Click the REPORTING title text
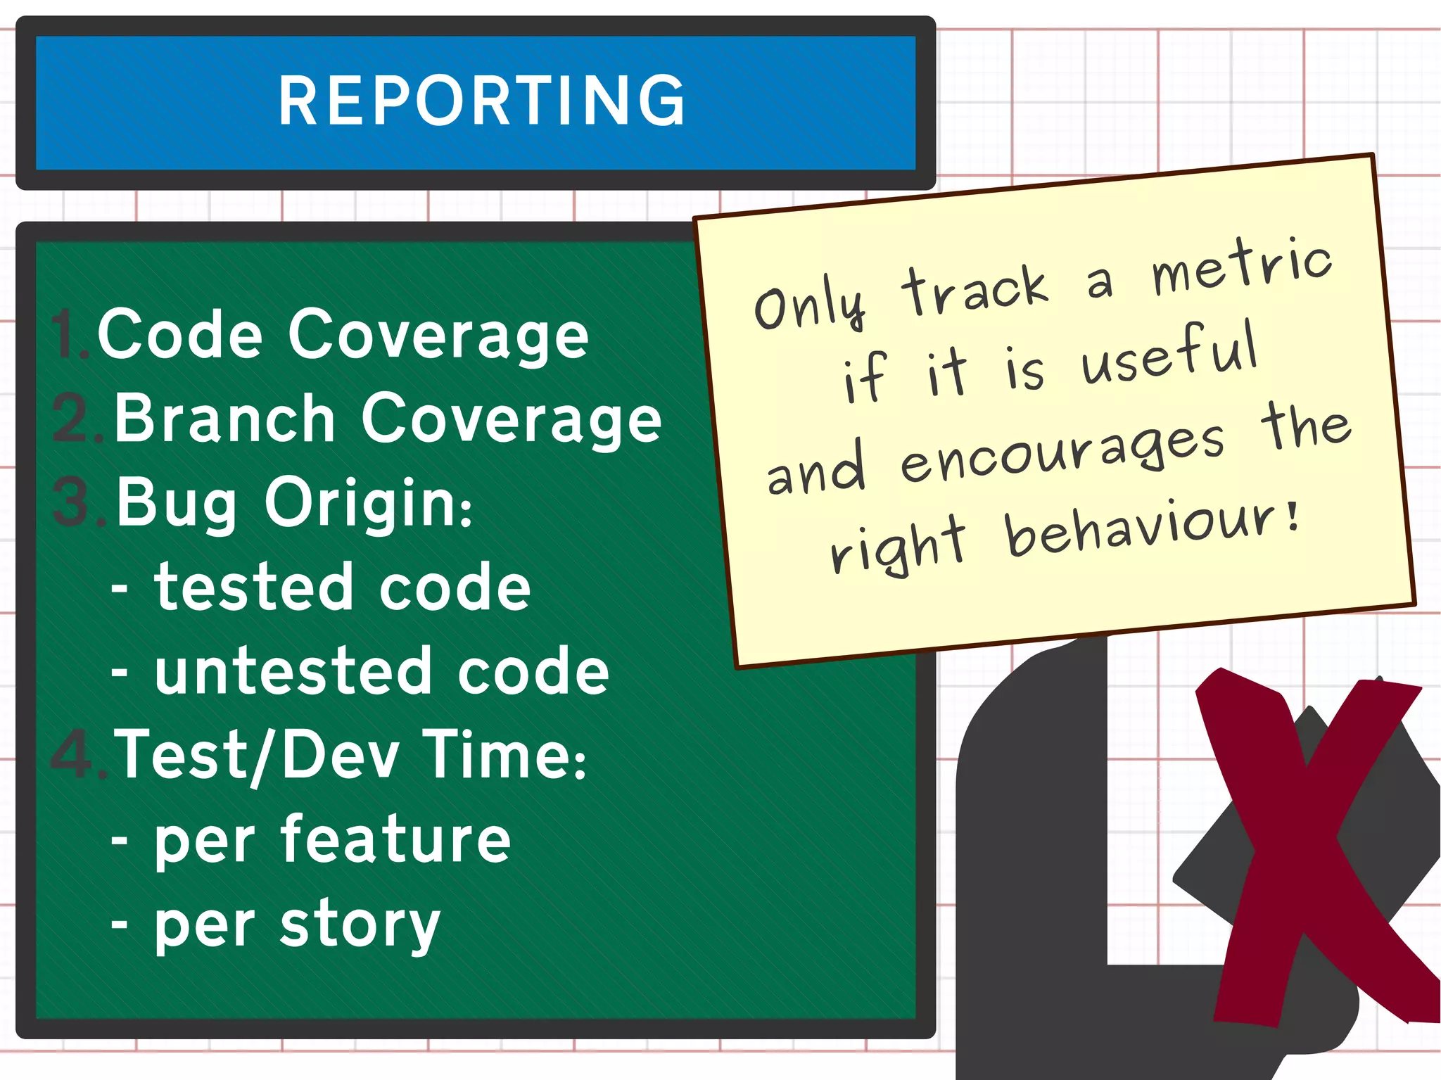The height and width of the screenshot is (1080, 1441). pos(482,102)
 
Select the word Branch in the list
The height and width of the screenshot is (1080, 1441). pos(224,419)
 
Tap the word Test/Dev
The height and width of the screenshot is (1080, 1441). pos(257,755)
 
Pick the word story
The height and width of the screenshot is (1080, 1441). pos(360,925)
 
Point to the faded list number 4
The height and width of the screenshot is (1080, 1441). pos(74,755)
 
